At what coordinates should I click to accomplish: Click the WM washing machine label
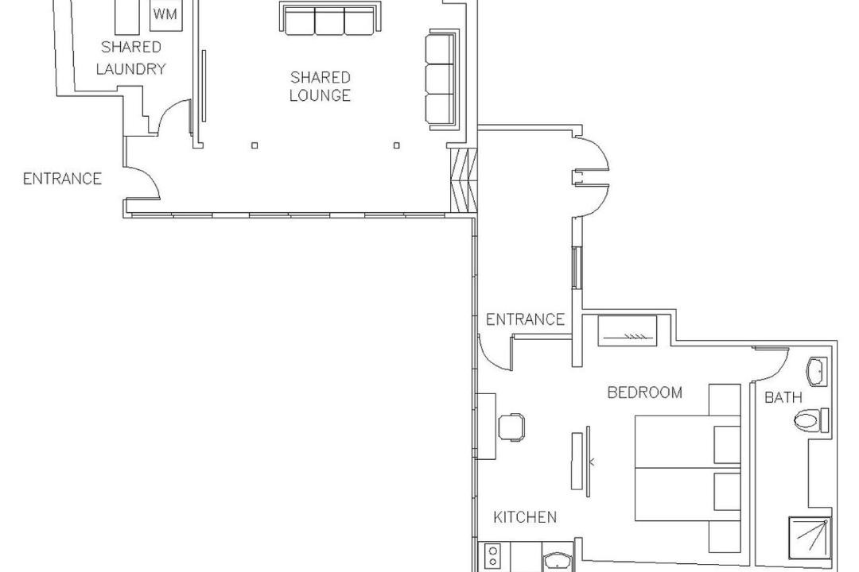coord(165,14)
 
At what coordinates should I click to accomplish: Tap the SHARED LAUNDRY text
coord(131,57)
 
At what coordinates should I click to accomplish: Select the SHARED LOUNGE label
coord(320,86)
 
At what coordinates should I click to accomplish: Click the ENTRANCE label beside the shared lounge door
coord(63,179)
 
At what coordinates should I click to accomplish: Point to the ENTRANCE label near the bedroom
coord(525,319)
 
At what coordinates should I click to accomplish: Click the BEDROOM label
coord(645,392)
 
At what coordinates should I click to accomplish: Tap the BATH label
coord(783,397)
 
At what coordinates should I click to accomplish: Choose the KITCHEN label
coord(525,516)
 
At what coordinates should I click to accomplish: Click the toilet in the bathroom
coord(811,420)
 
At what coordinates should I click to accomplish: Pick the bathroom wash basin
coord(817,372)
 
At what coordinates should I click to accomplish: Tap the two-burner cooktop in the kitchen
coord(493,557)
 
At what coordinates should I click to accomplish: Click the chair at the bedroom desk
coord(511,427)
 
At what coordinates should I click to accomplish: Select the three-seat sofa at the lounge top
coord(328,18)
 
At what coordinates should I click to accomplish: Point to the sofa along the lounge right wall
coord(441,80)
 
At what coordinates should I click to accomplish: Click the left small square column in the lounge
coord(255,145)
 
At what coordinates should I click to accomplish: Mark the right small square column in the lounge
coord(397,145)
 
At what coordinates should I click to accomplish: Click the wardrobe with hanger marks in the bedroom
coord(627,330)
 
